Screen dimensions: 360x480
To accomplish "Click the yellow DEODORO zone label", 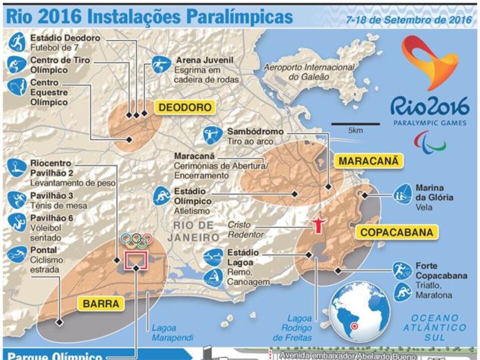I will coord(185,107).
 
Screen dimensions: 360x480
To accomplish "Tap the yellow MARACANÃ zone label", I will coord(369,161).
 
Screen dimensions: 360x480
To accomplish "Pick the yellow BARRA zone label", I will coord(101,303).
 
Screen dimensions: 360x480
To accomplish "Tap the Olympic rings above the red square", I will coord(136,240).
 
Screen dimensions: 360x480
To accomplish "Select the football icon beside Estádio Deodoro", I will coord(17,42).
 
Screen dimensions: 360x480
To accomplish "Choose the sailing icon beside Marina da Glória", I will coord(402,194).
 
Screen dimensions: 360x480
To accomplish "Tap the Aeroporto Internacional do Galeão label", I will coord(309,72).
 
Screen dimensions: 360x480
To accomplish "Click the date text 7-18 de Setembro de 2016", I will coord(409,19).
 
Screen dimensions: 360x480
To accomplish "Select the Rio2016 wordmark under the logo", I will coord(429,107).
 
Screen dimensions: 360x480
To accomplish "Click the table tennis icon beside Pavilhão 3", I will coord(17,200).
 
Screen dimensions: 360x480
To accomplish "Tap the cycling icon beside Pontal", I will coord(17,254).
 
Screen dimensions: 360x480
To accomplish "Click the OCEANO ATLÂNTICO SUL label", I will coord(434,327).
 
